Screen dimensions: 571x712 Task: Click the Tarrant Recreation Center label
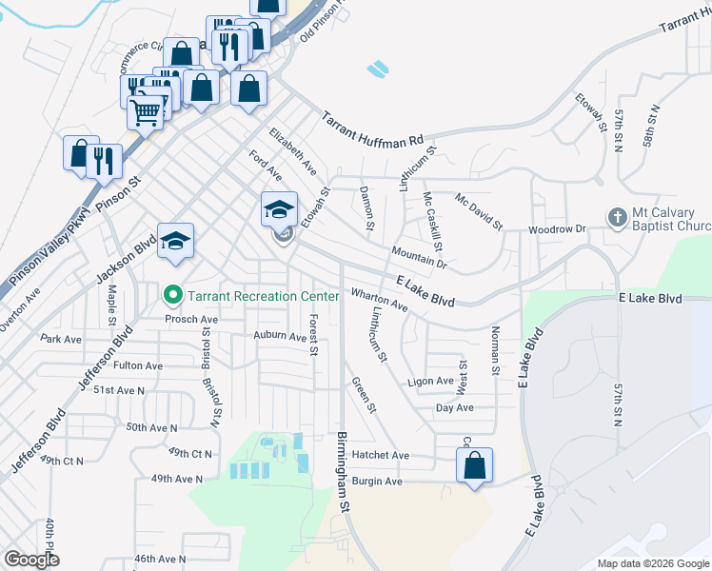click(263, 296)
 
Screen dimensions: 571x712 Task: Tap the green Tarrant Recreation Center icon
click(172, 296)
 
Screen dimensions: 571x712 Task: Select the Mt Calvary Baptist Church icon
click(617, 218)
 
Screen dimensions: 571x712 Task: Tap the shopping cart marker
click(146, 113)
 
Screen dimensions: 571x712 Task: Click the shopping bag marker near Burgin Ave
click(474, 466)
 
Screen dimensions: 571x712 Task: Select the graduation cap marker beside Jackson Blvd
click(177, 241)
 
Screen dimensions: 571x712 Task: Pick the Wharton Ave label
click(379, 300)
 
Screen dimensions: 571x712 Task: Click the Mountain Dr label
click(419, 255)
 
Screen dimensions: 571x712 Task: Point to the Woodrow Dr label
click(557, 229)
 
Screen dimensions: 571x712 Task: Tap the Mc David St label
click(478, 211)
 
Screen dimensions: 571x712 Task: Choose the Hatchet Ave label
click(381, 456)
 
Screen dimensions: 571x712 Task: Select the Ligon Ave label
click(430, 382)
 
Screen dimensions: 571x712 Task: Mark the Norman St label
click(495, 348)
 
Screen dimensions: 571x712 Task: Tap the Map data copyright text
click(652, 563)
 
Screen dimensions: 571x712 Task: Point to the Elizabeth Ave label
click(292, 150)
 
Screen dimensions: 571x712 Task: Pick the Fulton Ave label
click(138, 365)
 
